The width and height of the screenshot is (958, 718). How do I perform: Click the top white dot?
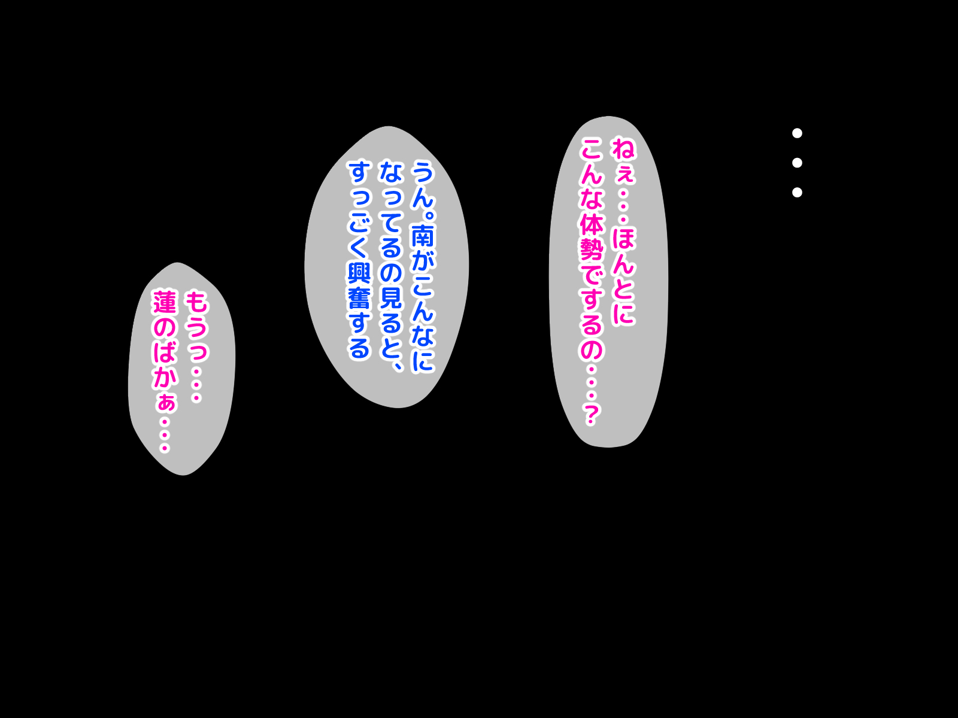tap(797, 133)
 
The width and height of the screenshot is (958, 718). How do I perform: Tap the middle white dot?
tap(797, 162)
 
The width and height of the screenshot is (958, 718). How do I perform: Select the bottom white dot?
tap(797, 192)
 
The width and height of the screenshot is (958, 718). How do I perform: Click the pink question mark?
tap(591, 413)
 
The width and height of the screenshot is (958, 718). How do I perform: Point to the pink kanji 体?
tap(591, 224)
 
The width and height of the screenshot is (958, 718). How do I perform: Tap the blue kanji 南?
tap(422, 235)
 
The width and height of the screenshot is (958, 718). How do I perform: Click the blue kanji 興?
tap(360, 273)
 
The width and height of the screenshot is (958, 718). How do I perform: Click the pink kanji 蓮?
tap(165, 302)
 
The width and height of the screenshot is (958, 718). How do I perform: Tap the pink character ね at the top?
tap(623, 148)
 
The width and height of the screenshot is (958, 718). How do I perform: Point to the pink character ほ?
tap(623, 238)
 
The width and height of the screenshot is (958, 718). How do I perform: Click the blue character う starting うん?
tap(422, 172)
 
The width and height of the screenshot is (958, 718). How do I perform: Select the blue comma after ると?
tap(396, 363)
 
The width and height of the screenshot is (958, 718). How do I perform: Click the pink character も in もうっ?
tap(196, 302)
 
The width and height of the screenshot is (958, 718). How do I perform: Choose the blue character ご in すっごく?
tap(360, 223)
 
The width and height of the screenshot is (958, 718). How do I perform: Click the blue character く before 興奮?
tap(360, 248)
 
